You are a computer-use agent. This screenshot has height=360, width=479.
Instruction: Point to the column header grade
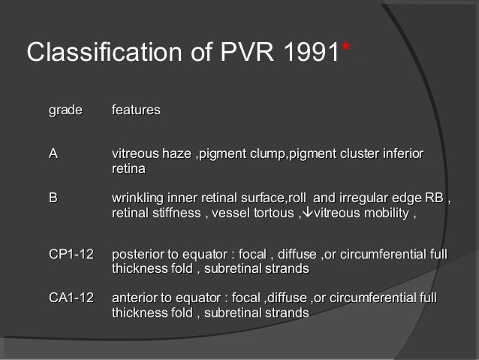65,110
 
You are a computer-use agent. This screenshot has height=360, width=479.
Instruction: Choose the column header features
136,110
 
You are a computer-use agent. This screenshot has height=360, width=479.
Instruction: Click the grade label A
53,154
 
